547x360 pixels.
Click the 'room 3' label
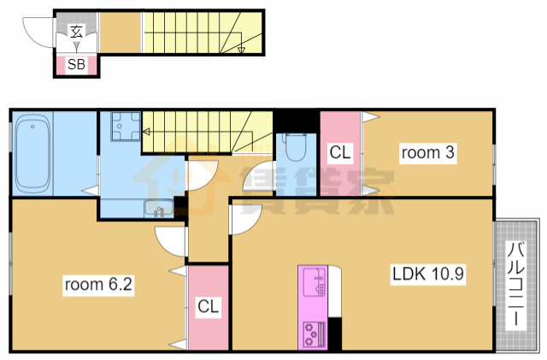point(427,152)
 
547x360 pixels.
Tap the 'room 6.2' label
point(98,284)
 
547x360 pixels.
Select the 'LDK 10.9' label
point(428,274)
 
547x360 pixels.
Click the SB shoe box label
point(76,64)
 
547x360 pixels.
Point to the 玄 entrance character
point(76,32)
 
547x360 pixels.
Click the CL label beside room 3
point(340,152)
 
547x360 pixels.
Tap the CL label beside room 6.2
point(208,306)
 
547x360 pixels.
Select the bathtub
point(32,154)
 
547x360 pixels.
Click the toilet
point(295,147)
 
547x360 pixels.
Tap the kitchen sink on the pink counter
point(315,281)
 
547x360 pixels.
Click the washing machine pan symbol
point(126,126)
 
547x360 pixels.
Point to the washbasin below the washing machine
point(159,209)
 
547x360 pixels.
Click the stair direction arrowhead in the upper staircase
point(241,50)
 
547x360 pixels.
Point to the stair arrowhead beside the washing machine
point(146,132)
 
